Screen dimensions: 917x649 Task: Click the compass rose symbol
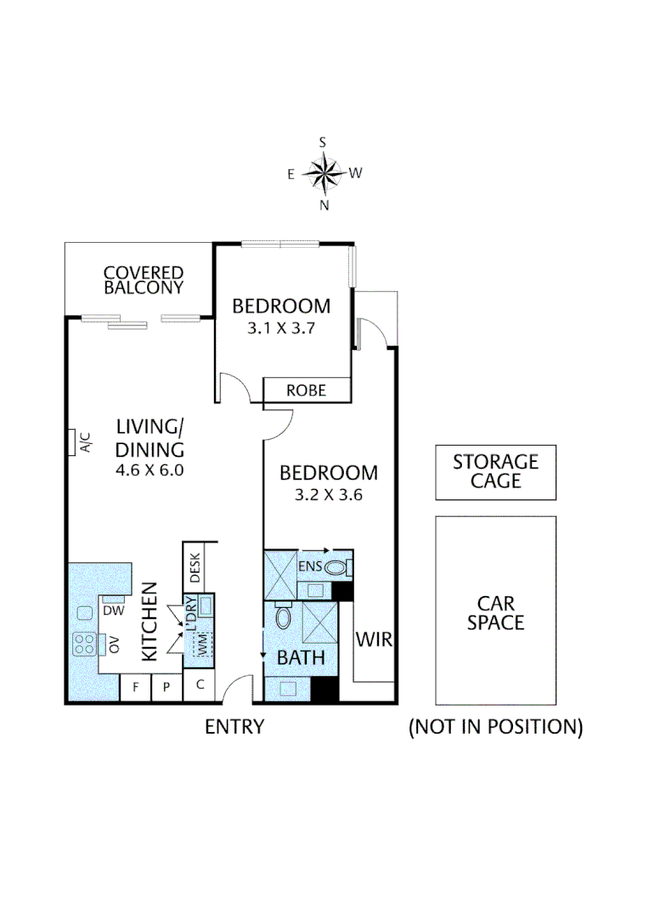323,174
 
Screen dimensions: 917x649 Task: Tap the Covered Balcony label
144,280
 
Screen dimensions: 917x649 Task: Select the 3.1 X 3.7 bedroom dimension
281,329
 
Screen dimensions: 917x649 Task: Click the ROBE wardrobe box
307,391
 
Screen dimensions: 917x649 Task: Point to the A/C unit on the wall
73,442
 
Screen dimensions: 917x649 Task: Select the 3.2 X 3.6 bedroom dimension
329,495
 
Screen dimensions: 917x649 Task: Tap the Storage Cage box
495,472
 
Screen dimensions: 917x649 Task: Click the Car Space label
495,612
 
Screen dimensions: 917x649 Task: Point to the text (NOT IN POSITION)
495,727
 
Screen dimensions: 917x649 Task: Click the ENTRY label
234,727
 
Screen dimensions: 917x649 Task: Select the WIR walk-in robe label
374,639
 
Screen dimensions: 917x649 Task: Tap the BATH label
300,657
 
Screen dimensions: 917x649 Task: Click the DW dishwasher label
114,610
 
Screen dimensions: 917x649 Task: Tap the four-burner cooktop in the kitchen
84,644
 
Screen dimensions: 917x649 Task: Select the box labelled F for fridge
135,688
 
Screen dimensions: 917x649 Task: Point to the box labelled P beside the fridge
166,688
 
